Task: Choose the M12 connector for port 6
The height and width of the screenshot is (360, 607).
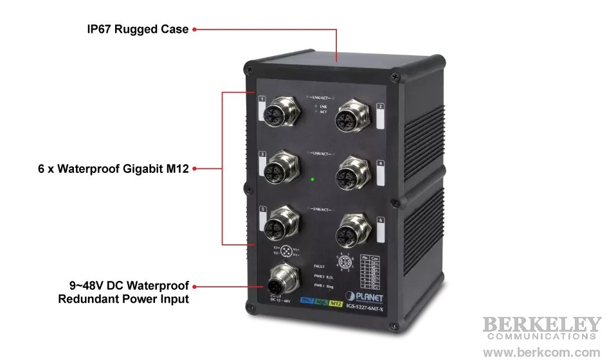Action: coord(352,226)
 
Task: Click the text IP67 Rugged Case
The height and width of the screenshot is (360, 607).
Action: coord(138,30)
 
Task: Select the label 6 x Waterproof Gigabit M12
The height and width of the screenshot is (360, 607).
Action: coord(113,169)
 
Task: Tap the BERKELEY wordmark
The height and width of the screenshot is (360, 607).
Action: coord(542,324)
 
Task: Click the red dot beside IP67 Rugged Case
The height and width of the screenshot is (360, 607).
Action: coord(194,29)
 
